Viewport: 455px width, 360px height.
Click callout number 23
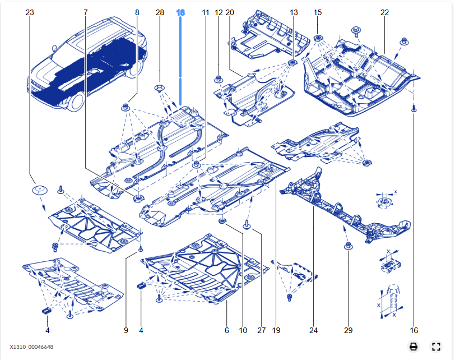coord(30,12)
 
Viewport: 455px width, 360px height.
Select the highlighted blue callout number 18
coord(180,12)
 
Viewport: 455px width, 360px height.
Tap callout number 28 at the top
coord(160,12)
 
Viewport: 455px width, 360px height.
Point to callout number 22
coord(384,12)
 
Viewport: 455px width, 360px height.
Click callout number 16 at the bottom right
coord(414,330)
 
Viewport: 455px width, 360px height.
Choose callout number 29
coord(349,330)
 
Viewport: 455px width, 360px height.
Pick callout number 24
coord(313,330)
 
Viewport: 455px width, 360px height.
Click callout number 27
coord(261,330)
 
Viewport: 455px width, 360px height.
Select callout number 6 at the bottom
coord(227,330)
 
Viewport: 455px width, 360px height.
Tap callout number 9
coord(126,330)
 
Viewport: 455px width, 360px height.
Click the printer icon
coord(414,347)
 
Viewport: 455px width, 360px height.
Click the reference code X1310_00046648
coord(31,347)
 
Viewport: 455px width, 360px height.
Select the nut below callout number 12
coord(219,79)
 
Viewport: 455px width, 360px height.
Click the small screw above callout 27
coord(247,225)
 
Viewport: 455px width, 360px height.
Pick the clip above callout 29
coord(347,246)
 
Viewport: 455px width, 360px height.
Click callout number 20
coord(229,12)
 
